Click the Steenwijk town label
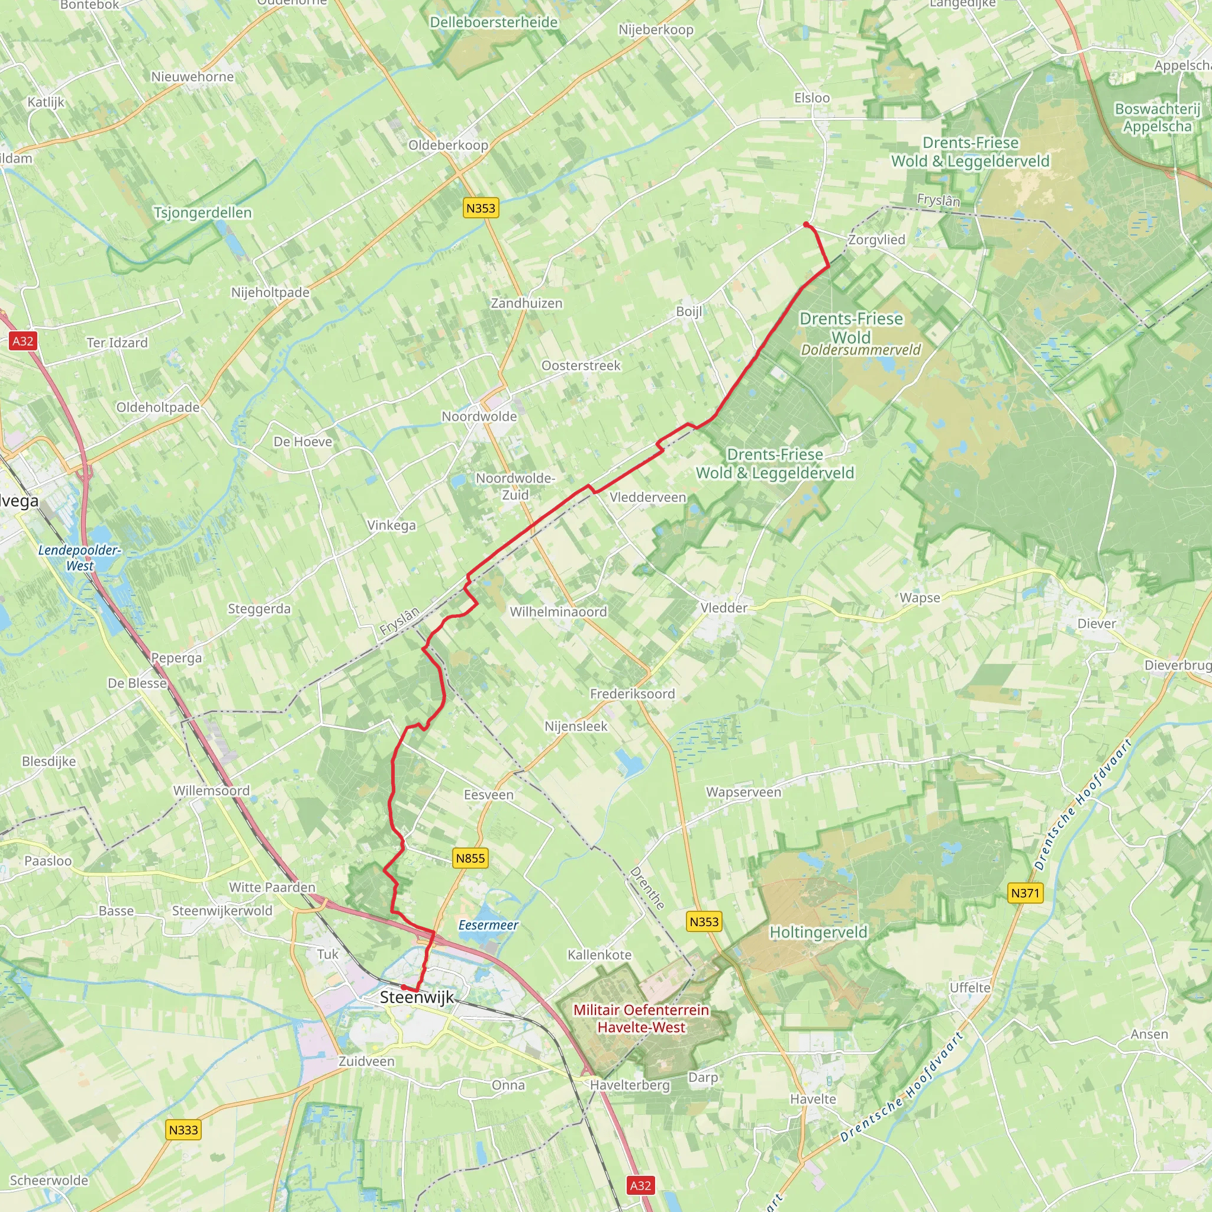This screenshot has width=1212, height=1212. (417, 997)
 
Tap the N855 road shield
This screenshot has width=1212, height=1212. (470, 858)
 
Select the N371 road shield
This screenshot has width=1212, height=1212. (1025, 892)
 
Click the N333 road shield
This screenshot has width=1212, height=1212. (183, 1130)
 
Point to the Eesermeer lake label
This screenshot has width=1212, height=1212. (488, 926)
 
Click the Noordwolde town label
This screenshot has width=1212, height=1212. (479, 417)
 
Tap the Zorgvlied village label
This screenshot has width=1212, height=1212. (876, 240)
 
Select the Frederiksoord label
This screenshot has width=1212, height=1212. (633, 694)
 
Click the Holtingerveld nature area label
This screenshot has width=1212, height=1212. (818, 932)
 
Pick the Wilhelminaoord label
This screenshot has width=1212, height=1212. (557, 612)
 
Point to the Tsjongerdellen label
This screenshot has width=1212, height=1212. (202, 212)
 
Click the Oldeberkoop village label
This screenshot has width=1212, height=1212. (448, 145)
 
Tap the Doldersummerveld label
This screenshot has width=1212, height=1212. (860, 350)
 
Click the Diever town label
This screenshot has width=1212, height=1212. (1097, 624)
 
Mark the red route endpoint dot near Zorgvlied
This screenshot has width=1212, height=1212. (806, 224)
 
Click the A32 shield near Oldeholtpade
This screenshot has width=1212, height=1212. (23, 341)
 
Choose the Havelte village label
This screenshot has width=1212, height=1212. (813, 1099)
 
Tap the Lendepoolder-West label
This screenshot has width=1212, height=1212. (80, 557)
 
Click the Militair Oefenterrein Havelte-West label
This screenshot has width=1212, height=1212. (641, 1018)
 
